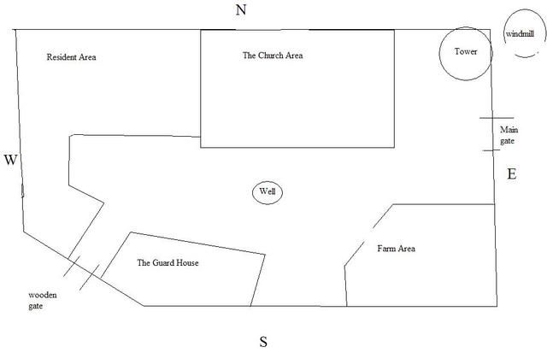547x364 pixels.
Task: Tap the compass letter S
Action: click(x=264, y=343)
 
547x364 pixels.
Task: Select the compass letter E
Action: click(x=512, y=173)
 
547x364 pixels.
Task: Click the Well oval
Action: click(x=268, y=192)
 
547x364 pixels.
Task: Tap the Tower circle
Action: click(x=466, y=53)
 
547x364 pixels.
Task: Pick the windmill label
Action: click(x=520, y=33)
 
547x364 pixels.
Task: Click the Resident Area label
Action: click(x=71, y=58)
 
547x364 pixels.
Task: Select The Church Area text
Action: click(x=273, y=56)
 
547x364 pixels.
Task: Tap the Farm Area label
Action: click(x=396, y=249)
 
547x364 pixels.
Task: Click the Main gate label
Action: click(x=509, y=134)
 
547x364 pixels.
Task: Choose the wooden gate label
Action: click(x=44, y=300)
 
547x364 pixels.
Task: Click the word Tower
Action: click(x=466, y=52)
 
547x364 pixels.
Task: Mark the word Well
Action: click(x=268, y=192)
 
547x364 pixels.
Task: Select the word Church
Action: click(x=270, y=56)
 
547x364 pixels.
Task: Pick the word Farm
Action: click(x=385, y=249)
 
